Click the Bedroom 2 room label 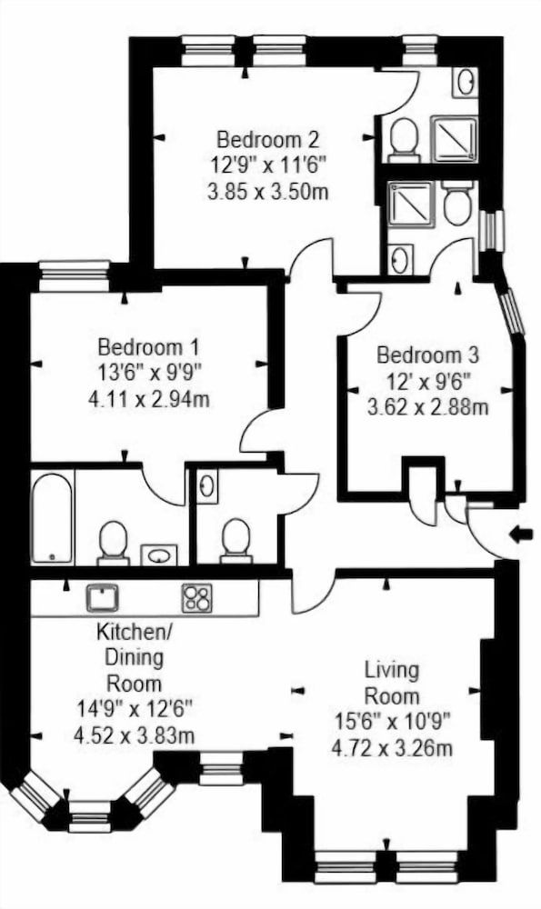click(x=267, y=140)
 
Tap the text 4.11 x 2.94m click(x=149, y=399)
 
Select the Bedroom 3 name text click(x=427, y=355)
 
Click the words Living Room click(x=392, y=684)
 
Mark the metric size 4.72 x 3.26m click(x=392, y=749)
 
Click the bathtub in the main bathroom click(x=52, y=517)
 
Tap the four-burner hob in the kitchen click(x=196, y=597)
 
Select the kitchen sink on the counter click(x=103, y=597)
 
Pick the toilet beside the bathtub click(x=113, y=541)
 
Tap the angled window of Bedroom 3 click(x=514, y=312)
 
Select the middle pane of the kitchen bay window click(x=89, y=815)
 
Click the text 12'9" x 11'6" click(x=267, y=165)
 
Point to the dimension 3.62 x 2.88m click(x=427, y=407)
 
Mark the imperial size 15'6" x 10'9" click(x=392, y=723)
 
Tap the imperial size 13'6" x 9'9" click(x=149, y=373)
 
